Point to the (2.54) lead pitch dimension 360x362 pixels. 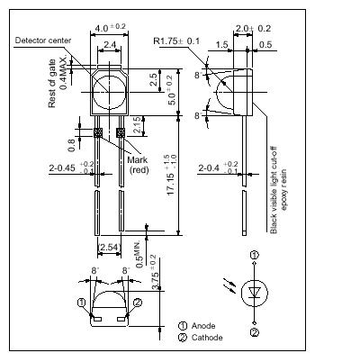tap(109, 246)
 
